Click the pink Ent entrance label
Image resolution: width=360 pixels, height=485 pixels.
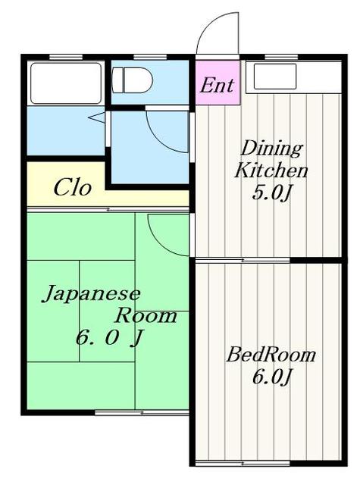pyautogui.click(x=217, y=84)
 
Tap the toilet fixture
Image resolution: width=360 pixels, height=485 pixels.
pyautogui.click(x=133, y=78)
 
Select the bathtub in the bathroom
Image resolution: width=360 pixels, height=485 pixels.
pyautogui.click(x=64, y=83)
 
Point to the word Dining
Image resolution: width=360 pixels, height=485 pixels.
pyautogui.click(x=271, y=148)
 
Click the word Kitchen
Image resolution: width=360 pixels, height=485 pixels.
pyautogui.click(x=271, y=170)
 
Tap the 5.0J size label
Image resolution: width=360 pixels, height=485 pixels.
pyautogui.click(x=271, y=193)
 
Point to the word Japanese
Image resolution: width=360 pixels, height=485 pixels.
pyautogui.click(x=90, y=293)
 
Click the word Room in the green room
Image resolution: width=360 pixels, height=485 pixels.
pyautogui.click(x=146, y=315)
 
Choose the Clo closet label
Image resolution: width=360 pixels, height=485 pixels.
pyautogui.click(x=73, y=188)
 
